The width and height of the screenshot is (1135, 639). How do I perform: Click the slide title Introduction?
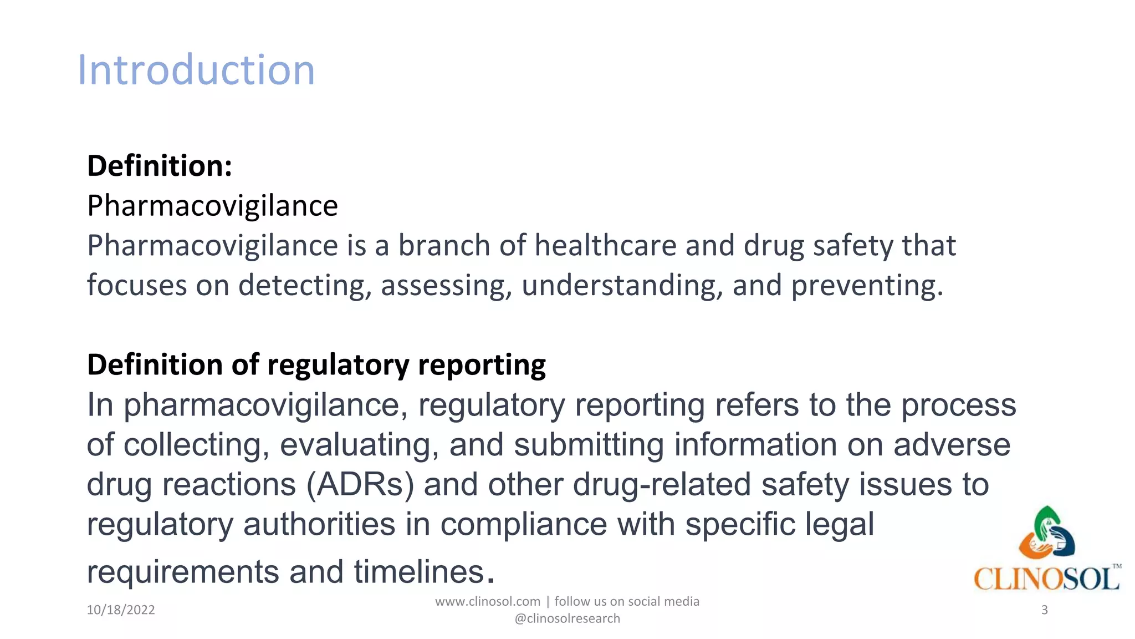tap(196, 70)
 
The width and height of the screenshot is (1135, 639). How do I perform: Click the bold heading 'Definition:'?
tap(160, 166)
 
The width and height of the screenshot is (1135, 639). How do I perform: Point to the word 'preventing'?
tap(866, 286)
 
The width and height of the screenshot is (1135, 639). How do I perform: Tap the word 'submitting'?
tap(589, 445)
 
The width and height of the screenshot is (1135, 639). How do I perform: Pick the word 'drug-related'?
tap(662, 484)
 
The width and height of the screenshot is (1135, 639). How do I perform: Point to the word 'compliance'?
tap(524, 525)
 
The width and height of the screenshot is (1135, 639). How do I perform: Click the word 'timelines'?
tap(420, 572)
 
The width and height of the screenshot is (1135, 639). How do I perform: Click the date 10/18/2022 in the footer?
tap(121, 610)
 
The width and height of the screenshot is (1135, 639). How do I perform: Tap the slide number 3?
tap(1044, 610)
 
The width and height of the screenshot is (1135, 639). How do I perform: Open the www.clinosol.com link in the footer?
tap(488, 602)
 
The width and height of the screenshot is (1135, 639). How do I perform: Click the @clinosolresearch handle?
tap(567, 619)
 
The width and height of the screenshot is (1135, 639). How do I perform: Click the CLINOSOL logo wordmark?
tap(1046, 579)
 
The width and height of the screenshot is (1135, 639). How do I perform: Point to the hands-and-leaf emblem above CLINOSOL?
tap(1046, 532)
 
